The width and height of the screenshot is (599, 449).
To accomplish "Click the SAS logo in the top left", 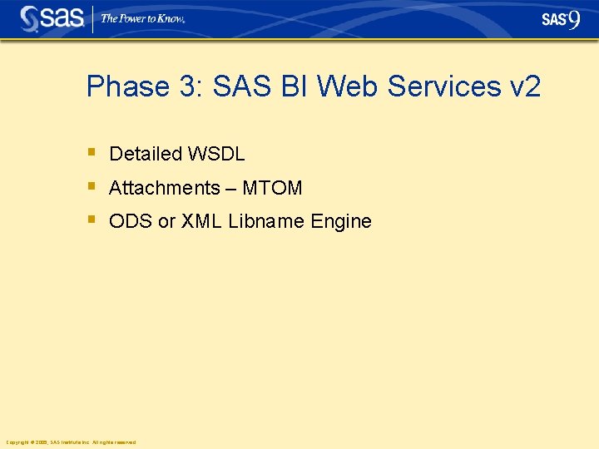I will point(52,18).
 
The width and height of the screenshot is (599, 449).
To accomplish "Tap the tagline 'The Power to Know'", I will point(142,18).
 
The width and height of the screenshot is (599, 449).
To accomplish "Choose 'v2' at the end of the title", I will point(522,86).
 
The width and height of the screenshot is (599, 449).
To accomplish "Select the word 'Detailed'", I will point(146,154).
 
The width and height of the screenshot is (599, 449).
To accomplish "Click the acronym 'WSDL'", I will point(216,154).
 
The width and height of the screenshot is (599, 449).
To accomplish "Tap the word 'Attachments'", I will point(164,188).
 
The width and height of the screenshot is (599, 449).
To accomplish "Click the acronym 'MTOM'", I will point(272,188).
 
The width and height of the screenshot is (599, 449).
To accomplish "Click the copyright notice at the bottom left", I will point(70,442).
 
